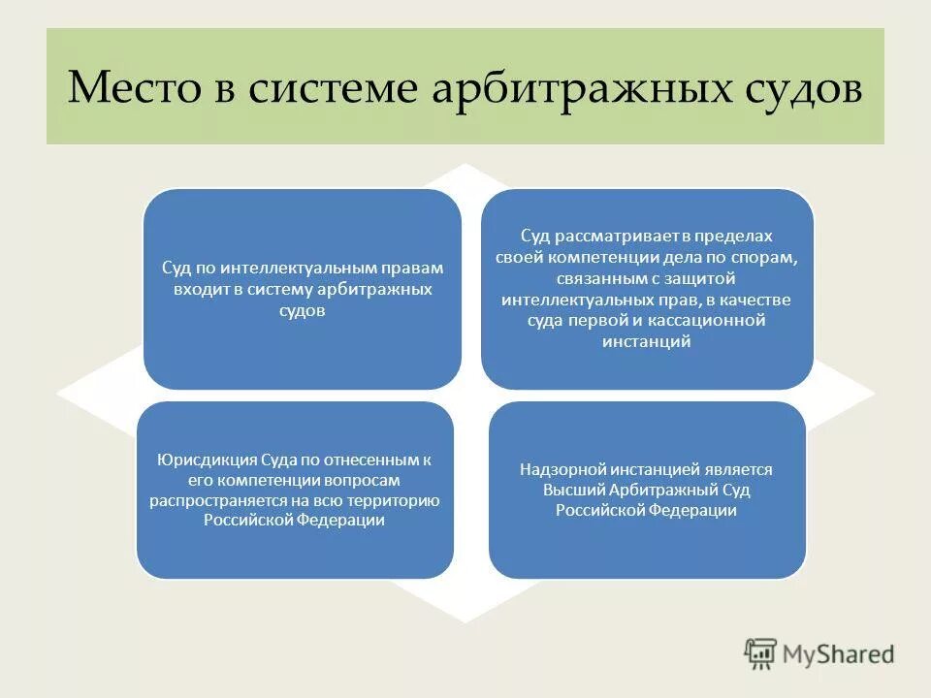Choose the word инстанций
pos(647,341)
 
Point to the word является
pos(739,469)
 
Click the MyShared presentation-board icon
pos(760,653)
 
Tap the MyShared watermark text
pos(839,654)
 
